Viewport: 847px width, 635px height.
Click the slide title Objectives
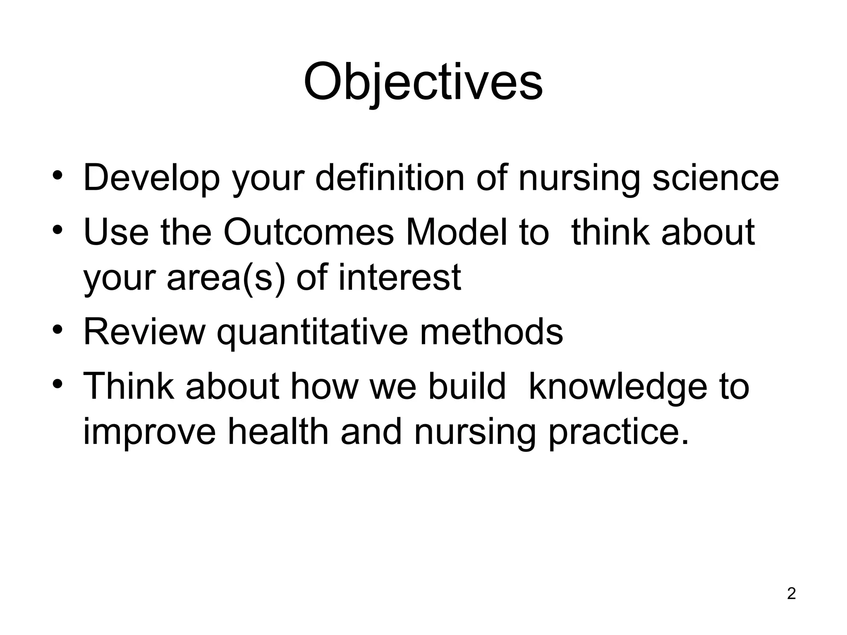(x=423, y=83)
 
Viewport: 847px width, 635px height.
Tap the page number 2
(x=791, y=594)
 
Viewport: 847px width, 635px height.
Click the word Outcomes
(x=309, y=232)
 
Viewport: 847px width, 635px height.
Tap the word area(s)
(x=226, y=278)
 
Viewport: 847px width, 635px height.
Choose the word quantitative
(x=312, y=332)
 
